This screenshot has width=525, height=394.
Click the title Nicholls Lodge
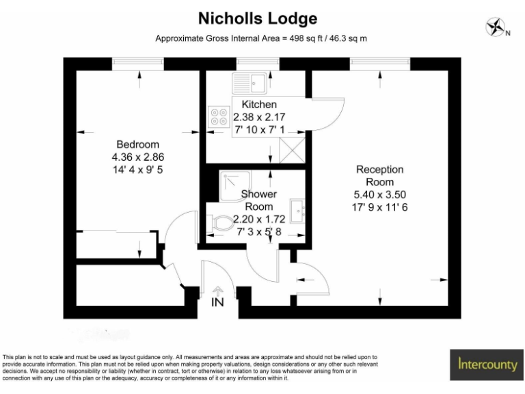(258, 18)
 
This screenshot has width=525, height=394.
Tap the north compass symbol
(495, 28)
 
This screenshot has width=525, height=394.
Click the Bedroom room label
(137, 144)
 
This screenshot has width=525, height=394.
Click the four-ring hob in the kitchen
(219, 117)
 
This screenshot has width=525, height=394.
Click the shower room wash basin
(297, 211)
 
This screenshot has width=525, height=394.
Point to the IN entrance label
(218, 302)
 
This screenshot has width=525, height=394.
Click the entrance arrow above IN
(218, 291)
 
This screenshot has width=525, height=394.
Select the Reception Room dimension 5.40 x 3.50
(379, 195)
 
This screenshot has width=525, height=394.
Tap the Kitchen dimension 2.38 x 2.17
(254, 117)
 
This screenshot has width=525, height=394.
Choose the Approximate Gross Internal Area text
(261, 38)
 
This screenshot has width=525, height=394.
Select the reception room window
(380, 63)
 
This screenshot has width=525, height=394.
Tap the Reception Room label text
(379, 176)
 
